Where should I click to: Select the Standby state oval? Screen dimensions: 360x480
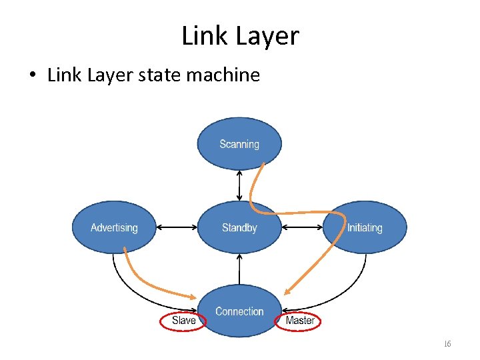[x=239, y=228]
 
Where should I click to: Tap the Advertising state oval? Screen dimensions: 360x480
[x=114, y=228]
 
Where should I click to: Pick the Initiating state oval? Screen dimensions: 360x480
[x=365, y=228]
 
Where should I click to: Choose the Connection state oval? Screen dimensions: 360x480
[x=239, y=311]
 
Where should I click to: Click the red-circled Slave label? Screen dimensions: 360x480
[x=183, y=321]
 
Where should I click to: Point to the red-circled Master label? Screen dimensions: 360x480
[x=299, y=321]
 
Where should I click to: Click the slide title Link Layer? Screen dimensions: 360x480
[x=240, y=35]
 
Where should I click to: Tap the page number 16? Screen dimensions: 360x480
[x=447, y=344]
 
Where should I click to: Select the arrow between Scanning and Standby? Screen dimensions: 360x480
[x=239, y=185]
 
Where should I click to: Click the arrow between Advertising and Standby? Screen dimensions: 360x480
[x=177, y=228]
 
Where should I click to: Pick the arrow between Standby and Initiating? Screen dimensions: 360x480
[x=301, y=228]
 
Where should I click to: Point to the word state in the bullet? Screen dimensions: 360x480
[x=160, y=75]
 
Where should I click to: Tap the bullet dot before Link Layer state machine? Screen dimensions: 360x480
[x=33, y=75]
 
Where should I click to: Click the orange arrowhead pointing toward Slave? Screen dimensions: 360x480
[x=193, y=297]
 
